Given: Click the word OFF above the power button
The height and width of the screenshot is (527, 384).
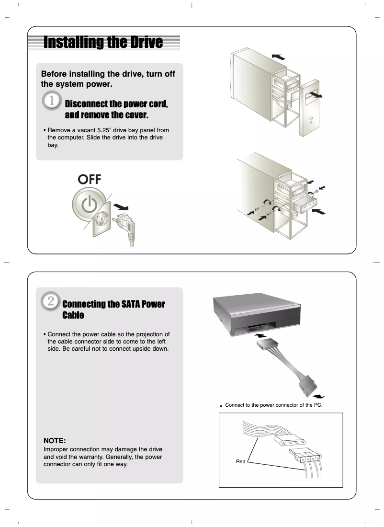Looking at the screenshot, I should click(90, 179).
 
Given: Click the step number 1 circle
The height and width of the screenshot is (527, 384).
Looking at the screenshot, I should click(52, 102).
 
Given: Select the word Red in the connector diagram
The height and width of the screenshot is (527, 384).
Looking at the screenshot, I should click(240, 462).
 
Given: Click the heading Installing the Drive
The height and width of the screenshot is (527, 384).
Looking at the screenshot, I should click(103, 43).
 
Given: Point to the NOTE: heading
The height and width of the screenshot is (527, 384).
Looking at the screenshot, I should click(55, 440).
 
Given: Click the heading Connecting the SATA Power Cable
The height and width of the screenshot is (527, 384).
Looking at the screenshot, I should click(113, 309).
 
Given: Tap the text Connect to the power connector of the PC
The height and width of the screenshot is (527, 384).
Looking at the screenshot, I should click(273, 405).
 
